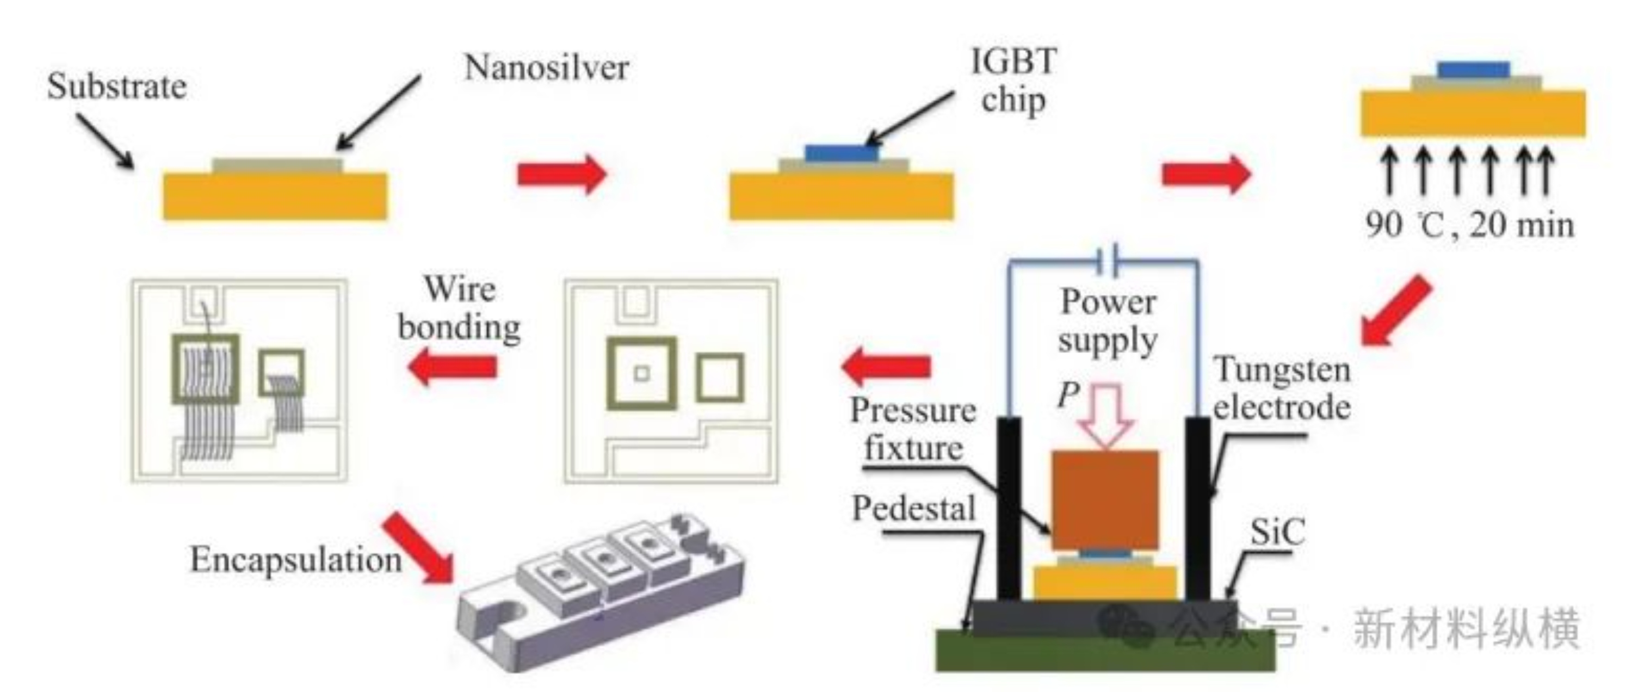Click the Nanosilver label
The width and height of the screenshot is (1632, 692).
[x=546, y=68]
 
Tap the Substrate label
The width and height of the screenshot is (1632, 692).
[x=117, y=87]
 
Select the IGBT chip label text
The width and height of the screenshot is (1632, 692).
[x=1013, y=81]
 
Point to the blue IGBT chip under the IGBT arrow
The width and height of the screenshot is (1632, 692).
[x=842, y=153]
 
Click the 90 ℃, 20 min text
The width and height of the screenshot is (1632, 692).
[x=1469, y=225]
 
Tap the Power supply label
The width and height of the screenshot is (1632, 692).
[x=1108, y=322]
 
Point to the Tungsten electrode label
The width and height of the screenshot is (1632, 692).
[x=1281, y=388]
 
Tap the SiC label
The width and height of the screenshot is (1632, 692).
[x=1277, y=532]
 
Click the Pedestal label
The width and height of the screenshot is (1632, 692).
[x=913, y=509]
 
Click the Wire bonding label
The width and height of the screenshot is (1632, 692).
[x=459, y=308]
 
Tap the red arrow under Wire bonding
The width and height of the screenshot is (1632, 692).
[x=453, y=367]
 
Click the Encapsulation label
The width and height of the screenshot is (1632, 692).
[x=296, y=560]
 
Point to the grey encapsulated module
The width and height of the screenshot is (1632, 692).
[x=599, y=589]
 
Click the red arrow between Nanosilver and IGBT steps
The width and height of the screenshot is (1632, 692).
[x=561, y=174]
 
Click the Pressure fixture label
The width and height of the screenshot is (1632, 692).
[x=913, y=429]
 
